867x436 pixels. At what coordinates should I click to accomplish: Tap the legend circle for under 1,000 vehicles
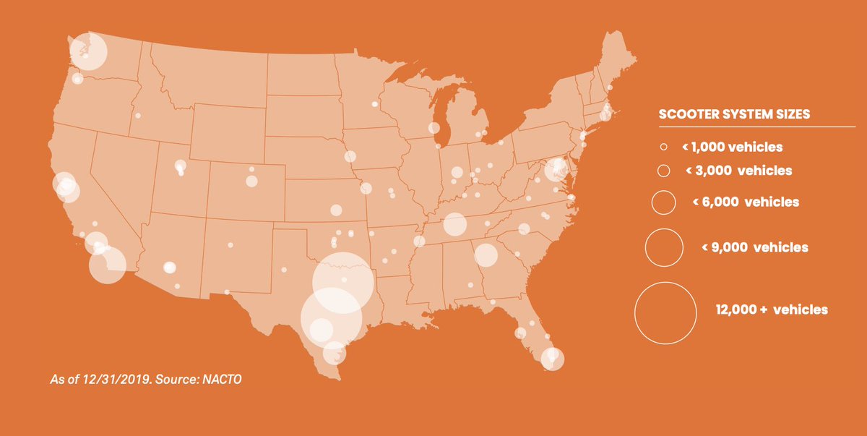663,148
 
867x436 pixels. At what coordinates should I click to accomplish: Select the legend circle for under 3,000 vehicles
663,171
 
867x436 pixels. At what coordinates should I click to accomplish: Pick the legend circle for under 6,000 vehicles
663,202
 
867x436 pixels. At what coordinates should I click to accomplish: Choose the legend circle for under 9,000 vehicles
664,247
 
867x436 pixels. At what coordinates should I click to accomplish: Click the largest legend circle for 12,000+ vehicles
665,312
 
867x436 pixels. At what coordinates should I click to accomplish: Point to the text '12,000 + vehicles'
772,309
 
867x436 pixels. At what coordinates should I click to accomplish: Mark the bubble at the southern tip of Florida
553,358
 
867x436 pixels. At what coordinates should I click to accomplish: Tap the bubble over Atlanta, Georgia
486,255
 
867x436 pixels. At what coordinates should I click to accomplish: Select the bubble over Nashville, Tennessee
454,224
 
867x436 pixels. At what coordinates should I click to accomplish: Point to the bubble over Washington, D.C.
556,169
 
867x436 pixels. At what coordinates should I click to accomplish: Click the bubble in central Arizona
169,267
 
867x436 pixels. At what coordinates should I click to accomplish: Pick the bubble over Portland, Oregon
77,79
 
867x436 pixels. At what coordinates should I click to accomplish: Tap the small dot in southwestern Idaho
138,116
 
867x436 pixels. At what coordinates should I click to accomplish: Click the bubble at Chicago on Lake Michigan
433,128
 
